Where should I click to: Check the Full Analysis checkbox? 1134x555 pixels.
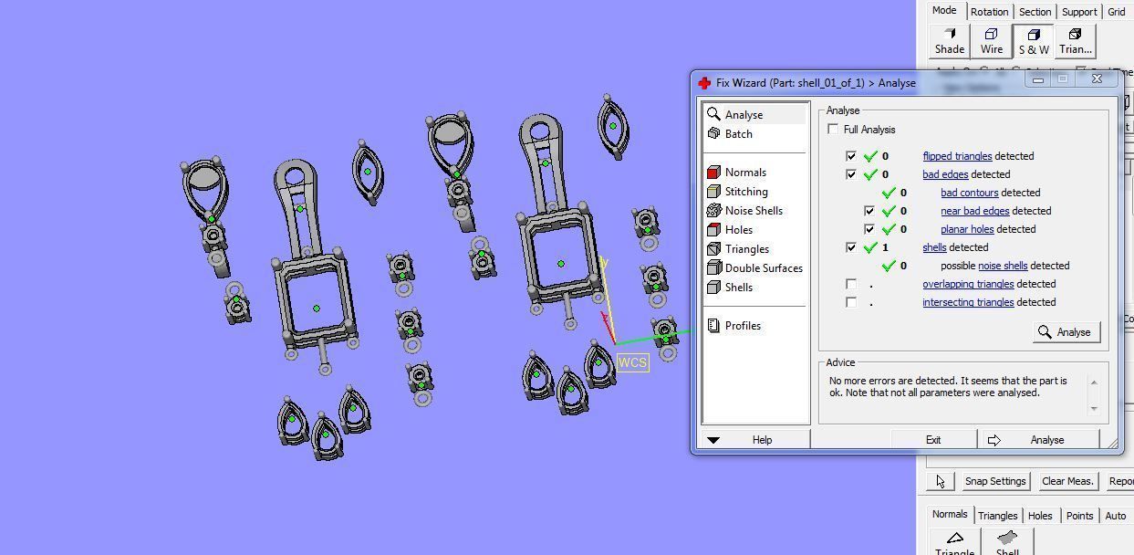(833, 130)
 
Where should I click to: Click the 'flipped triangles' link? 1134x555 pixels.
(956, 156)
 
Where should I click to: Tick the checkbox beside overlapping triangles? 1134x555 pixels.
(851, 284)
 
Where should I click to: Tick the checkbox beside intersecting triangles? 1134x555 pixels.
(851, 302)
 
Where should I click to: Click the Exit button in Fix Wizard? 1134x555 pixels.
(932, 440)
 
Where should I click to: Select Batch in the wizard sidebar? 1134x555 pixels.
(738, 134)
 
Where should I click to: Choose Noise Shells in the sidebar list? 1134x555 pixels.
(753, 211)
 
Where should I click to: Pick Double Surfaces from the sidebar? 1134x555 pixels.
(763, 268)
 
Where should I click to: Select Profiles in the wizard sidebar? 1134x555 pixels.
(742, 326)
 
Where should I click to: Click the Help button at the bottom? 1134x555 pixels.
(762, 440)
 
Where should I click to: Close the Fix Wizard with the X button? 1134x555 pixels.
(1097, 79)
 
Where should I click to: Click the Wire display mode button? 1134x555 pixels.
(992, 41)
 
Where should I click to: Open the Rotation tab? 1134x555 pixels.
(989, 12)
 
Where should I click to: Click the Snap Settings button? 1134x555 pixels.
(994, 481)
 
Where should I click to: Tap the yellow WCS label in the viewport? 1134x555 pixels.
(632, 362)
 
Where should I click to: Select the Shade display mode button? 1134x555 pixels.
(949, 41)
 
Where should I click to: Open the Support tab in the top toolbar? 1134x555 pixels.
(1078, 12)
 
